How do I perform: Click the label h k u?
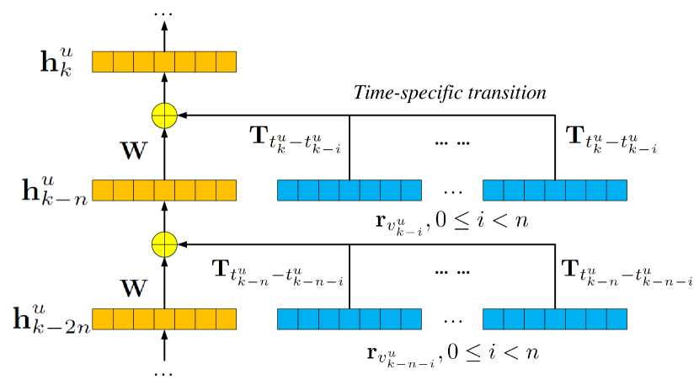click(57, 62)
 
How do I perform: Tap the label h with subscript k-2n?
click(51, 319)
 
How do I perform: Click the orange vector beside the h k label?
click(164, 62)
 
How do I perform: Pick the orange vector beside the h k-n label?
click(164, 190)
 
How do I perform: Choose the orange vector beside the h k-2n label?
click(164, 319)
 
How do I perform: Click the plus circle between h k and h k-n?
click(164, 115)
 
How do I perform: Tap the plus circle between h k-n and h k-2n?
click(164, 245)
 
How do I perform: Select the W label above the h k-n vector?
click(133, 152)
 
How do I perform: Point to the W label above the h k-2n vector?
click(133, 289)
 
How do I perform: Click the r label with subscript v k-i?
click(451, 222)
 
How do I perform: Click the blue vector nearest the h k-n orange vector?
click(349, 190)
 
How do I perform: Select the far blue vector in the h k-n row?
click(555, 190)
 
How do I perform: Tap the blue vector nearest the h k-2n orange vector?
click(349, 319)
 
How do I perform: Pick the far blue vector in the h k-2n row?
click(555, 319)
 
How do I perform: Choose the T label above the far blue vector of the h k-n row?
click(611, 139)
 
